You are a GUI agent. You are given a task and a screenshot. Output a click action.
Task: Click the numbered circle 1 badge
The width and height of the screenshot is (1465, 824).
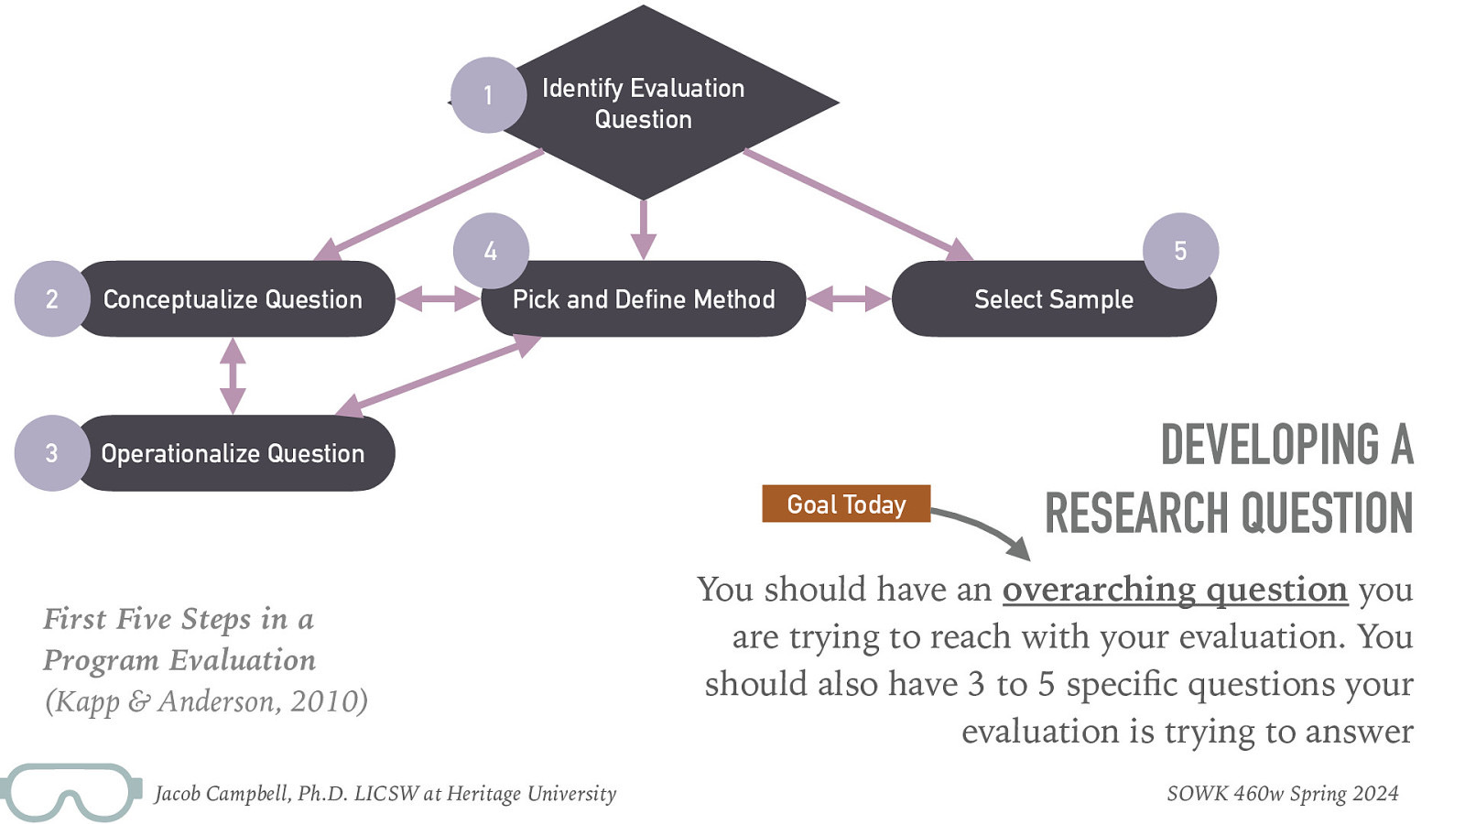488,95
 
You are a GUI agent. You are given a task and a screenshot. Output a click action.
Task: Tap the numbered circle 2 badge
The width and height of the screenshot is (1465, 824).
51,299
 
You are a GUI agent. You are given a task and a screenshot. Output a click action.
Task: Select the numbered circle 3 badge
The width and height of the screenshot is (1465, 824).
51,453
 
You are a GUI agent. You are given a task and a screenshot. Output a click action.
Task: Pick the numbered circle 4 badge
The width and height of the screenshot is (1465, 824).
491,251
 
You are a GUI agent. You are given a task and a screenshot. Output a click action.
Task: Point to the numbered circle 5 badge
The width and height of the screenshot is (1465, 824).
1180,251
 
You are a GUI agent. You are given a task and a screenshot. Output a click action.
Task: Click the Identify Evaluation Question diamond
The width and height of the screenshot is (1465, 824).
659,103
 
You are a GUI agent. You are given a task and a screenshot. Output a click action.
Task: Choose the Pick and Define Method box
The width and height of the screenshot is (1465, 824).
644,299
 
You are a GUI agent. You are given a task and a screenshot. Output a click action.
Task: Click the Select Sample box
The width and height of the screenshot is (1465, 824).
1053,299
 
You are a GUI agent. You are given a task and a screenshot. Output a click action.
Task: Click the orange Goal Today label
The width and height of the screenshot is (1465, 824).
846,504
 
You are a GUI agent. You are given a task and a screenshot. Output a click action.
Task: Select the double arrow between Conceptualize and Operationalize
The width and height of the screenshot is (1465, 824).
233,375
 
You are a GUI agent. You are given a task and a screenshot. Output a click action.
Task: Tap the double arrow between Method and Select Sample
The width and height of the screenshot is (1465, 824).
849,298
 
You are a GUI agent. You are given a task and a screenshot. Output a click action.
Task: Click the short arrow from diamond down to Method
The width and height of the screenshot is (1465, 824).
644,229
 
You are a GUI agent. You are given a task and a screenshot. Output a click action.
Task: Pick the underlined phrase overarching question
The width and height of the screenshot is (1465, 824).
1175,590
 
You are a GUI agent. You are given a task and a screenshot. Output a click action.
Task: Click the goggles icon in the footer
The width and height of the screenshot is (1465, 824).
70,792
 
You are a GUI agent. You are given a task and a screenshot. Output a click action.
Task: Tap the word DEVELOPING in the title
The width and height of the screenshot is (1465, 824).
1270,445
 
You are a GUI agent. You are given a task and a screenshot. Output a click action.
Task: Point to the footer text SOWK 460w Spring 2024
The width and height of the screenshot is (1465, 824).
1282,794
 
